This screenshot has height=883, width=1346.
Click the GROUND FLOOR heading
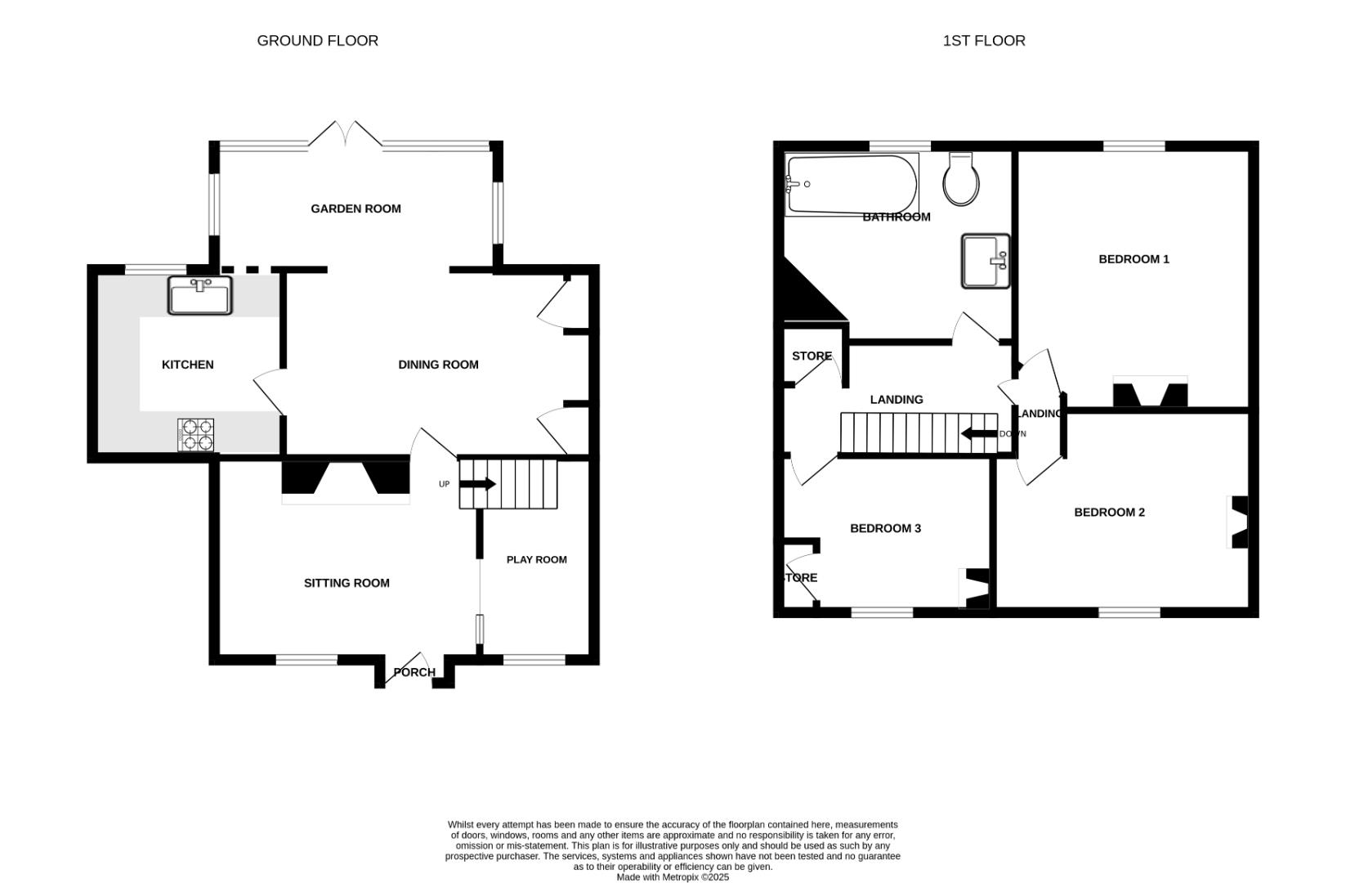coord(317,41)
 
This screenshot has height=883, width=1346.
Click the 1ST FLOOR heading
coord(983,41)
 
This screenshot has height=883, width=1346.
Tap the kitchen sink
coord(200,295)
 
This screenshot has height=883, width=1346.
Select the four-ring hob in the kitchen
coord(196,434)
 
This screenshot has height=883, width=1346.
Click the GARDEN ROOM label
coord(356,209)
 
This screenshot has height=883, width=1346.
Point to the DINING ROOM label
coord(438,365)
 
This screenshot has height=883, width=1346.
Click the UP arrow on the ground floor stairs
coord(477,484)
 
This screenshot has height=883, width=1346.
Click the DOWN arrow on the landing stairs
coord(978,433)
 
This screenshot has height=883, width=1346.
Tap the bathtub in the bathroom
coord(850,184)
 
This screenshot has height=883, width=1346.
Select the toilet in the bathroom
coord(961,179)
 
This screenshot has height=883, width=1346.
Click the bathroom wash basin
coord(985,262)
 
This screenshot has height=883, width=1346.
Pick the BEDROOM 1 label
coord(1134,259)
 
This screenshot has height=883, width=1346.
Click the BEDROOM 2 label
coord(1109,513)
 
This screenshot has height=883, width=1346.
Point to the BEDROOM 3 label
coord(885,529)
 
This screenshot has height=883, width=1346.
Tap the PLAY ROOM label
coord(536,560)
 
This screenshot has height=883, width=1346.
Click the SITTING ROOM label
coord(347,584)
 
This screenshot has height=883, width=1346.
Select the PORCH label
coord(414,673)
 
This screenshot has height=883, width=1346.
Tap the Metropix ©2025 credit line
coord(673,877)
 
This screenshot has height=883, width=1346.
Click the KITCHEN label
coord(187,365)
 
